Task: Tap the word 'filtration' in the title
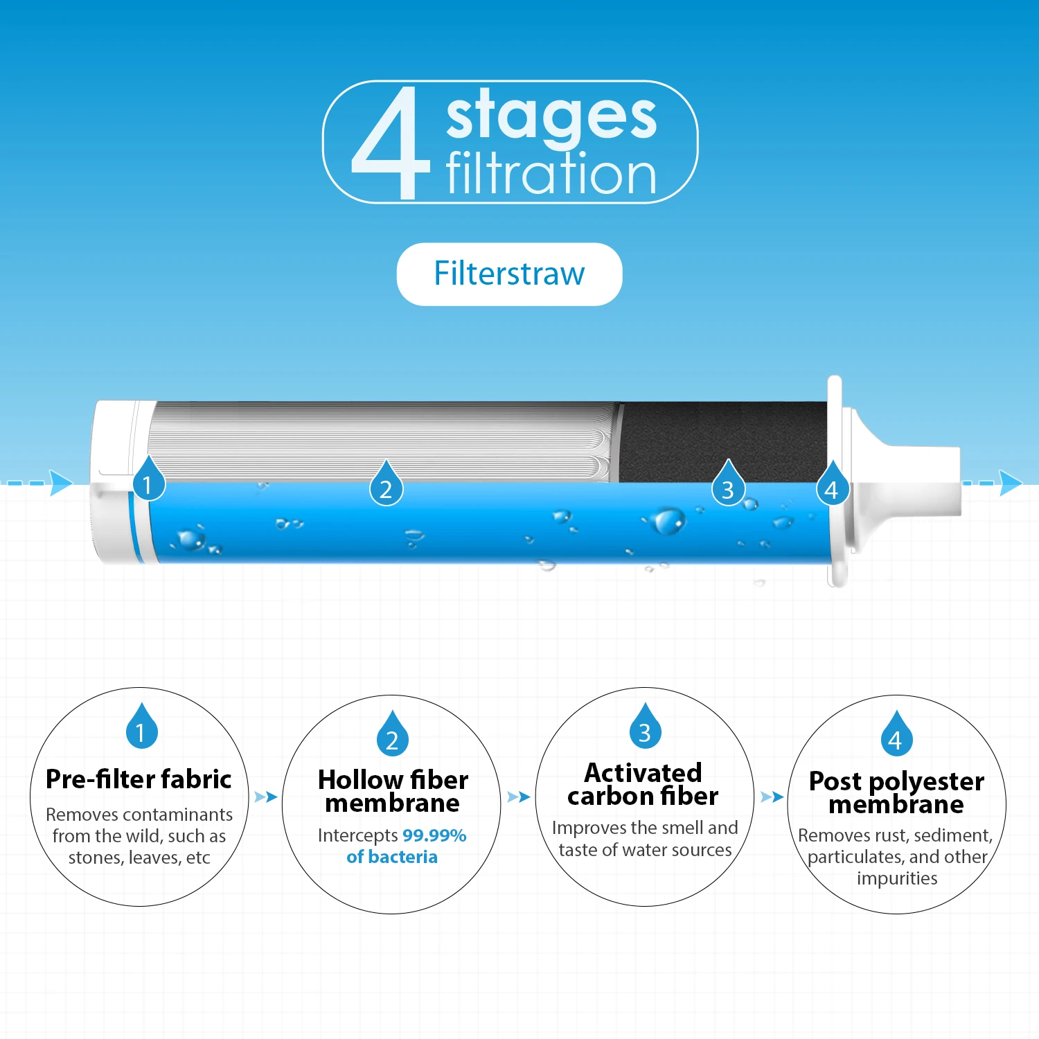[551, 175]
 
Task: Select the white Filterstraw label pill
[509, 274]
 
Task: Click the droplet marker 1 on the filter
[148, 482]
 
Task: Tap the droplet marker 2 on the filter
[386, 487]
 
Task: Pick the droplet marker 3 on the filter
[728, 487]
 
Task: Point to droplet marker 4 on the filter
[832, 487]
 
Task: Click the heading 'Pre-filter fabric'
[139, 779]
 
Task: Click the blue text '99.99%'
[434, 835]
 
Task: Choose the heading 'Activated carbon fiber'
[643, 784]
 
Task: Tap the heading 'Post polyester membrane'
[896, 792]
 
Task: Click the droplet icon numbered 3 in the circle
[645, 728]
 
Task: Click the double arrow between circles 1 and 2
[265, 797]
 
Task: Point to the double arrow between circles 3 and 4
[772, 797]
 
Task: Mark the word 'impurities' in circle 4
[897, 878]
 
